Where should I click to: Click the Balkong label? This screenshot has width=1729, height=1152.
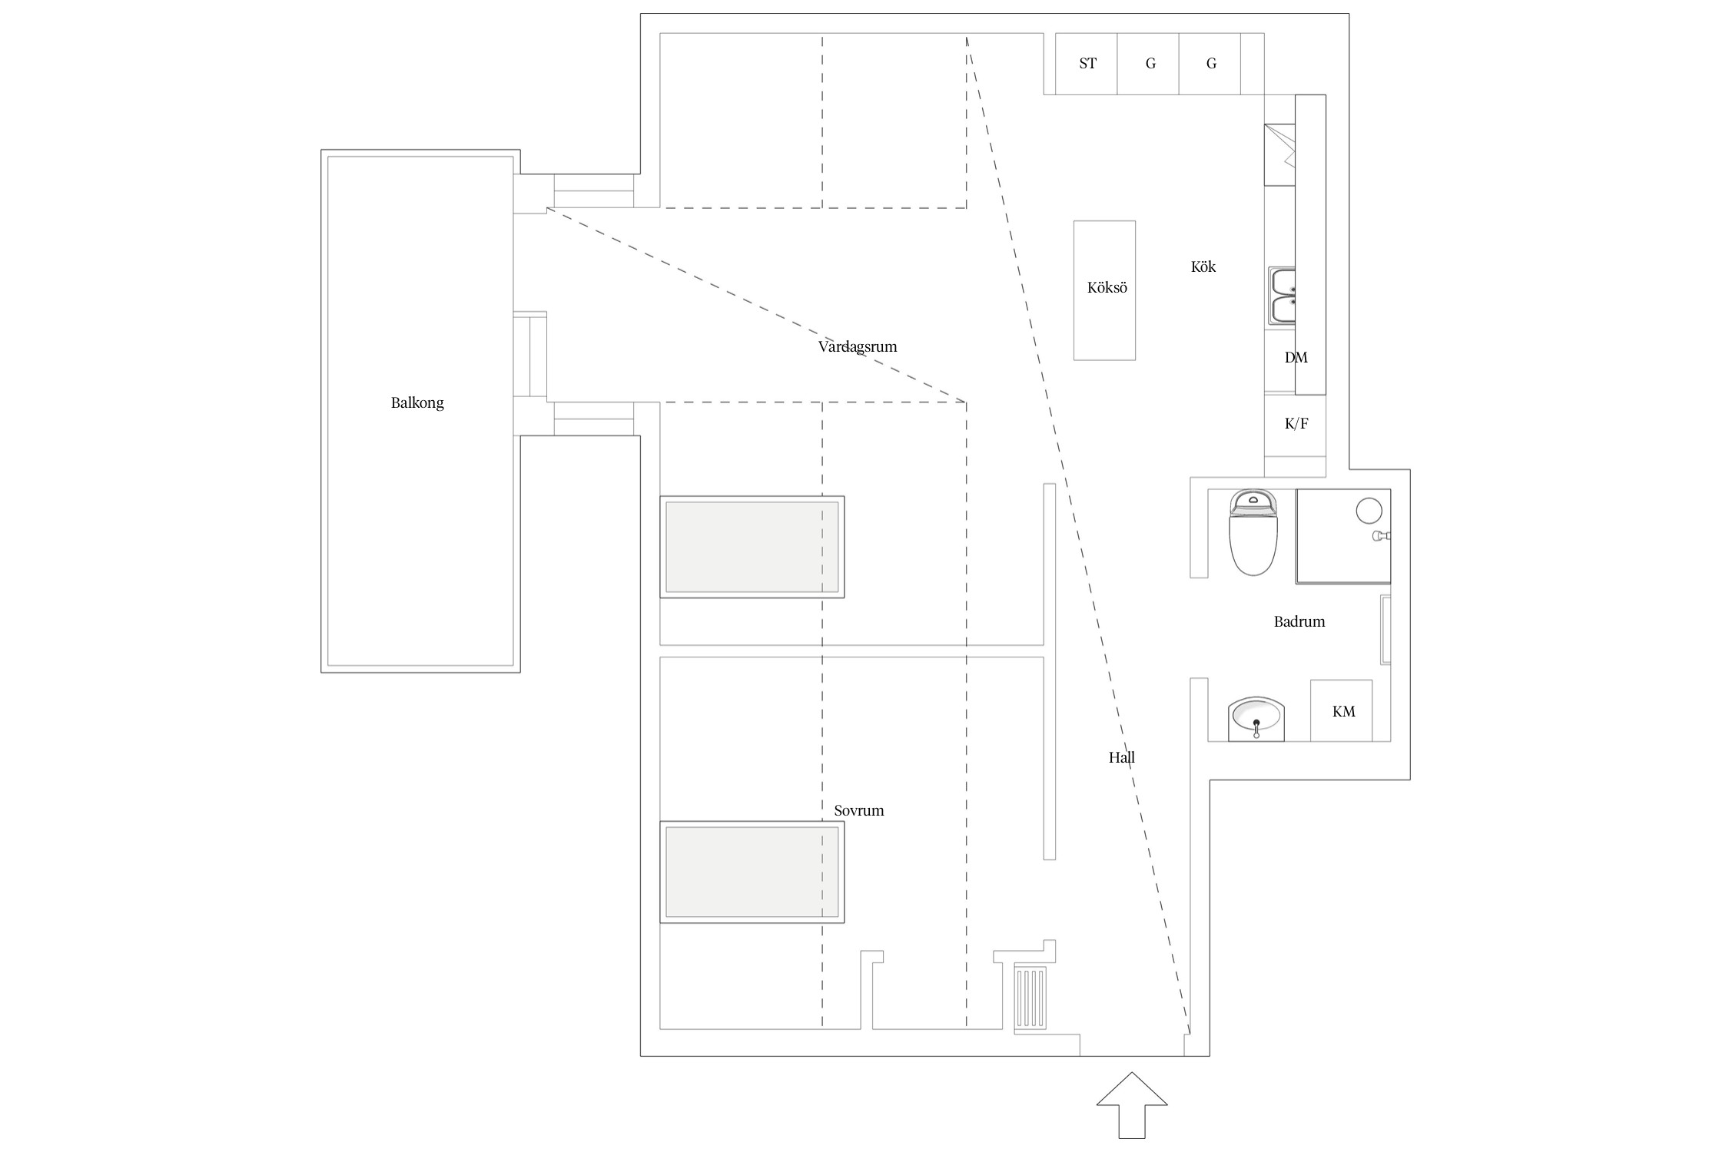coord(417,403)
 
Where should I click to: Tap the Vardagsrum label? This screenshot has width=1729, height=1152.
coord(858,346)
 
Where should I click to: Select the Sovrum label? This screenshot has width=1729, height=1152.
coord(859,810)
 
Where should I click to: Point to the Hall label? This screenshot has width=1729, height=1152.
coord(1121,758)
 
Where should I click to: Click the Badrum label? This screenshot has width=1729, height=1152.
coord(1299,622)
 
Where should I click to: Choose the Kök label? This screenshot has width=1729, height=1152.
coord(1203,267)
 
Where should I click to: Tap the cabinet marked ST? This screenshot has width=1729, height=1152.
coord(1087,64)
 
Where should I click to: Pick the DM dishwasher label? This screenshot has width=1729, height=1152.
coord(1296,357)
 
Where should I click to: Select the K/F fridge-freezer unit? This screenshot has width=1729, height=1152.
coord(1296,424)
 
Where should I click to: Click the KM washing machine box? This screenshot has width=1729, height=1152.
coord(1342,711)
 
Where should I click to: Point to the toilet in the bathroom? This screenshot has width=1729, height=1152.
coord(1253,534)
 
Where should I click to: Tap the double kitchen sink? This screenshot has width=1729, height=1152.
coord(1282,296)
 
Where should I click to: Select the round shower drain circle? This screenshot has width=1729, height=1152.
coord(1369,511)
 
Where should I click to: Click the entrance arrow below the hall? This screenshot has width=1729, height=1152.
coord(1131,1114)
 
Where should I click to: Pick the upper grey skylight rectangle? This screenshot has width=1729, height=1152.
coord(752,547)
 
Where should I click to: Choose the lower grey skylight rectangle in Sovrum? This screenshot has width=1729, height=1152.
coord(752,872)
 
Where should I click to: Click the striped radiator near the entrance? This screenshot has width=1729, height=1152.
coord(1030,996)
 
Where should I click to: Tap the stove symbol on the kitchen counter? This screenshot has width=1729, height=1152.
coord(1280,154)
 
